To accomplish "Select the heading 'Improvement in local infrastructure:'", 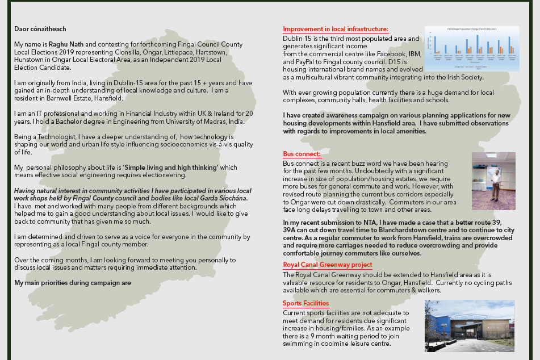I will (336, 29).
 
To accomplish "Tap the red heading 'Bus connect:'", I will (302, 154).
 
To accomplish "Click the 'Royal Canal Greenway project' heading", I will (328, 265).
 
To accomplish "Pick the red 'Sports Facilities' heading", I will (305, 303).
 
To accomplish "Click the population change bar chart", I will (471, 48).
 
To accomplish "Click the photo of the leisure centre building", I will (469, 325).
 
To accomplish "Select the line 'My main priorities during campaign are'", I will (73, 283).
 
